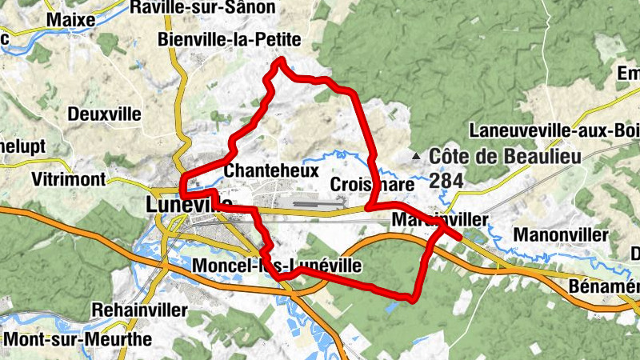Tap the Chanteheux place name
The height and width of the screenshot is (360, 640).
272,170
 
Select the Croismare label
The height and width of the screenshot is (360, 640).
372,184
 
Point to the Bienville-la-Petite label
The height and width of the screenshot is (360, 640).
230,39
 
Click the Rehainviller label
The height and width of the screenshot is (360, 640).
139,309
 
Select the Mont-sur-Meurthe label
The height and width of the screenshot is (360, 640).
78,339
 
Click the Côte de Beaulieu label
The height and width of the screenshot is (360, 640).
504,157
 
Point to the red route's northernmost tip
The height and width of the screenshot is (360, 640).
281,61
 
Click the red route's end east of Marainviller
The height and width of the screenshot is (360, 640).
458,237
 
